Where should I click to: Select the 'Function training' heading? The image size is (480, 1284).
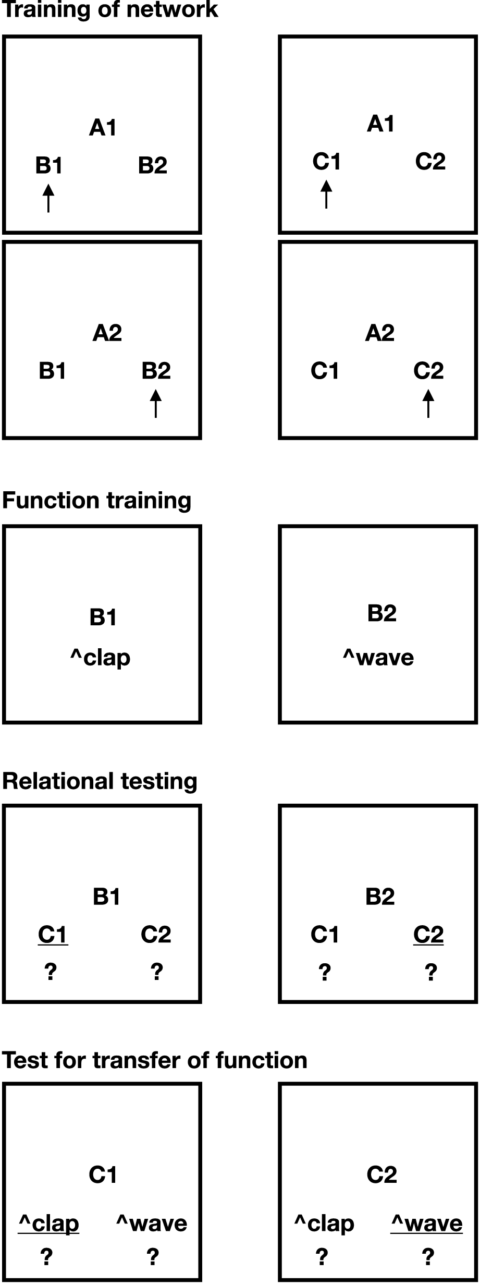pos(97,501)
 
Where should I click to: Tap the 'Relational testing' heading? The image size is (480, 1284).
pos(100,781)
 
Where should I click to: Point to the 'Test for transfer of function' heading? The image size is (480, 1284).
pos(154,1060)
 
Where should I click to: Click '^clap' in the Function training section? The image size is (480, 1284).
pos(101,658)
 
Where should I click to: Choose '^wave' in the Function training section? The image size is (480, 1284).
pos(378,658)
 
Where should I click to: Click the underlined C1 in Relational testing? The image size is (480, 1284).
pos(53,934)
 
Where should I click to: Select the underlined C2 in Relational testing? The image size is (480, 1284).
pos(428,934)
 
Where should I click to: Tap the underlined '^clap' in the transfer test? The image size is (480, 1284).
pos(48,1224)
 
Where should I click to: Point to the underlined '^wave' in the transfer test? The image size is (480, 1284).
pos(426,1224)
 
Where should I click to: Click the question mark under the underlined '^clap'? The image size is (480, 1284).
pos(47,1257)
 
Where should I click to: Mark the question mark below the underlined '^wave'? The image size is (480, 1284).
pos(428,1257)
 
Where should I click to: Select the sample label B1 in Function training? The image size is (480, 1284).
pos(103,617)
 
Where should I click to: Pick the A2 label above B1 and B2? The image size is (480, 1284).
pos(107,333)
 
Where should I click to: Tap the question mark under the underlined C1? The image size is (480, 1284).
pos(51,972)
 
